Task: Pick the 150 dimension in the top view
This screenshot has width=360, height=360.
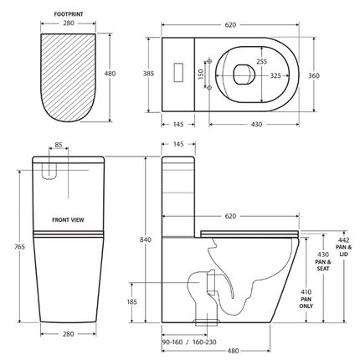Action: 201,74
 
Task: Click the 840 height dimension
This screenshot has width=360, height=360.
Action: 147,240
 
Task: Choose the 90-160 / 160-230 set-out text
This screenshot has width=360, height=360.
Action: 188,341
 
